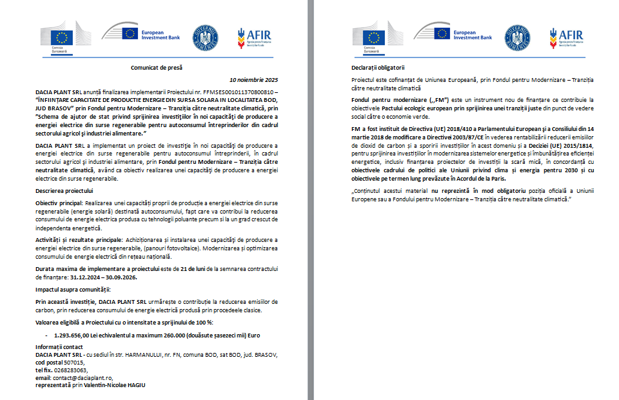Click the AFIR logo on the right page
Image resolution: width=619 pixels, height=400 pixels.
click(x=567, y=37)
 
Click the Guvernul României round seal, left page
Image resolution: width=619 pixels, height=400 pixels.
click(x=206, y=37)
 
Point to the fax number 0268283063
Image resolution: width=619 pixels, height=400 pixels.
click(x=70, y=370)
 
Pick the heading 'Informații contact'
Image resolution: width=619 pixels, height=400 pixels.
click(x=60, y=347)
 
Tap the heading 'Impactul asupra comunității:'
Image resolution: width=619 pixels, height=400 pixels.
click(x=73, y=288)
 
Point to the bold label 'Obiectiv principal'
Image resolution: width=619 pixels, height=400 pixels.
click(x=58, y=203)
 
